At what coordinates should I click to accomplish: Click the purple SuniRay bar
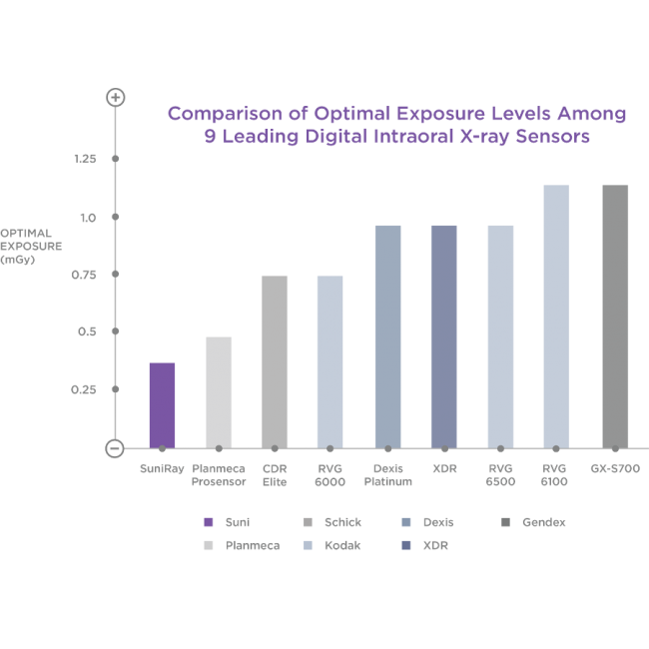(x=162, y=404)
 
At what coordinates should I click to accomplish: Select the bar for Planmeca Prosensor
(x=219, y=391)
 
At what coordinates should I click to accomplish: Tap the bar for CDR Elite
(x=275, y=360)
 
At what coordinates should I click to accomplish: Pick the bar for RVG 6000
(x=330, y=360)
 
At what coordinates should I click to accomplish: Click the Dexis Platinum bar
(x=387, y=335)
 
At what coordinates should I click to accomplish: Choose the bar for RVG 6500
(x=500, y=335)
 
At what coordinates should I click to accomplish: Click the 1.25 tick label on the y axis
(x=86, y=160)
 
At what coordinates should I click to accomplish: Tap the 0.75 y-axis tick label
(x=86, y=275)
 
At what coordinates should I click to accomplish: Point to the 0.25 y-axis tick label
(x=86, y=389)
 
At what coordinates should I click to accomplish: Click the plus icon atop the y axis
(x=116, y=98)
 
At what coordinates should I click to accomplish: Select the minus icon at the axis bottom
(x=116, y=448)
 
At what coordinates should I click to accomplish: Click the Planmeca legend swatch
(x=208, y=546)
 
